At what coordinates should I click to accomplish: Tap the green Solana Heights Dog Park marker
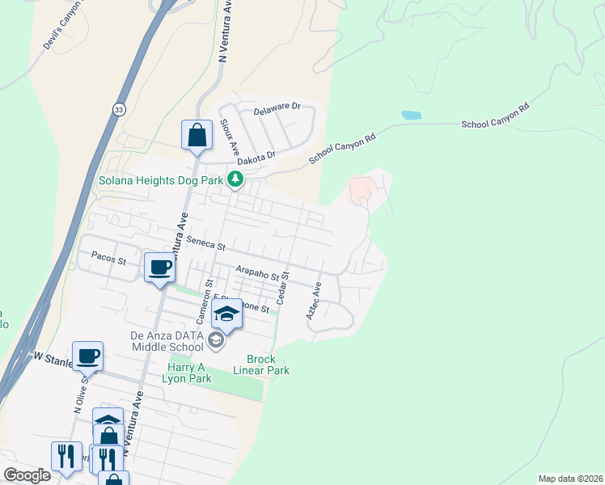pos(235,179)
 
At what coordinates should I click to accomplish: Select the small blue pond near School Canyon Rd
pos(411,116)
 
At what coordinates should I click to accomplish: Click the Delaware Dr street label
pos(277,107)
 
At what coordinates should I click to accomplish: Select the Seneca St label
pos(205,241)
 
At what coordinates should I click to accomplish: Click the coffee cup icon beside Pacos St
pos(159,268)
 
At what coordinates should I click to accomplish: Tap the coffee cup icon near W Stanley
pos(87,356)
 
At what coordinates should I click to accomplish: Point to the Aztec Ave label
pos(314,300)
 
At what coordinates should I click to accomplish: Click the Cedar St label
pos(283,287)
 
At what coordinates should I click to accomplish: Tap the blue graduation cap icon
pos(226,315)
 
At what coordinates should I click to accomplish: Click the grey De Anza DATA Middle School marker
pos(215,341)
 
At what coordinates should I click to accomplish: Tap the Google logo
pos(27,475)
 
